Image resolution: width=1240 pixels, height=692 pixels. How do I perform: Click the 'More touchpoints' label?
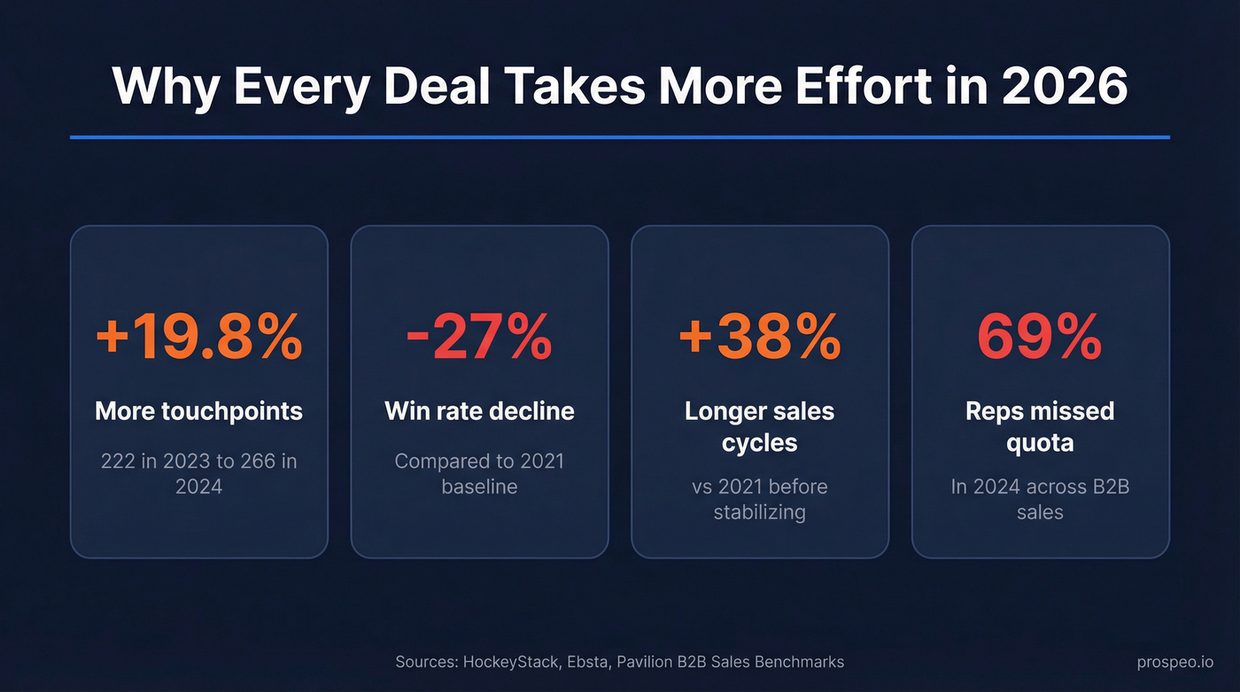198,411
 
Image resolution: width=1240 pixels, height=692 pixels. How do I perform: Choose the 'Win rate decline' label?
479,411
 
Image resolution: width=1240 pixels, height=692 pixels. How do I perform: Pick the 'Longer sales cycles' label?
759,426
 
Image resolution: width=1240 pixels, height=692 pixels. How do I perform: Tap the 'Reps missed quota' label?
1040,426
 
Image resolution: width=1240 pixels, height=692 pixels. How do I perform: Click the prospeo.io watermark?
1175,662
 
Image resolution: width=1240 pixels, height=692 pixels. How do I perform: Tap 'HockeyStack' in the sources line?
511,662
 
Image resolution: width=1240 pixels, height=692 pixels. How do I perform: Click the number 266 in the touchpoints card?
259,462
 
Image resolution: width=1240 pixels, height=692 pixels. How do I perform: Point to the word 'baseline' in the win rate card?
479,486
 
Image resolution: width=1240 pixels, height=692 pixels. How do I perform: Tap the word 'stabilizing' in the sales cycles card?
759,512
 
